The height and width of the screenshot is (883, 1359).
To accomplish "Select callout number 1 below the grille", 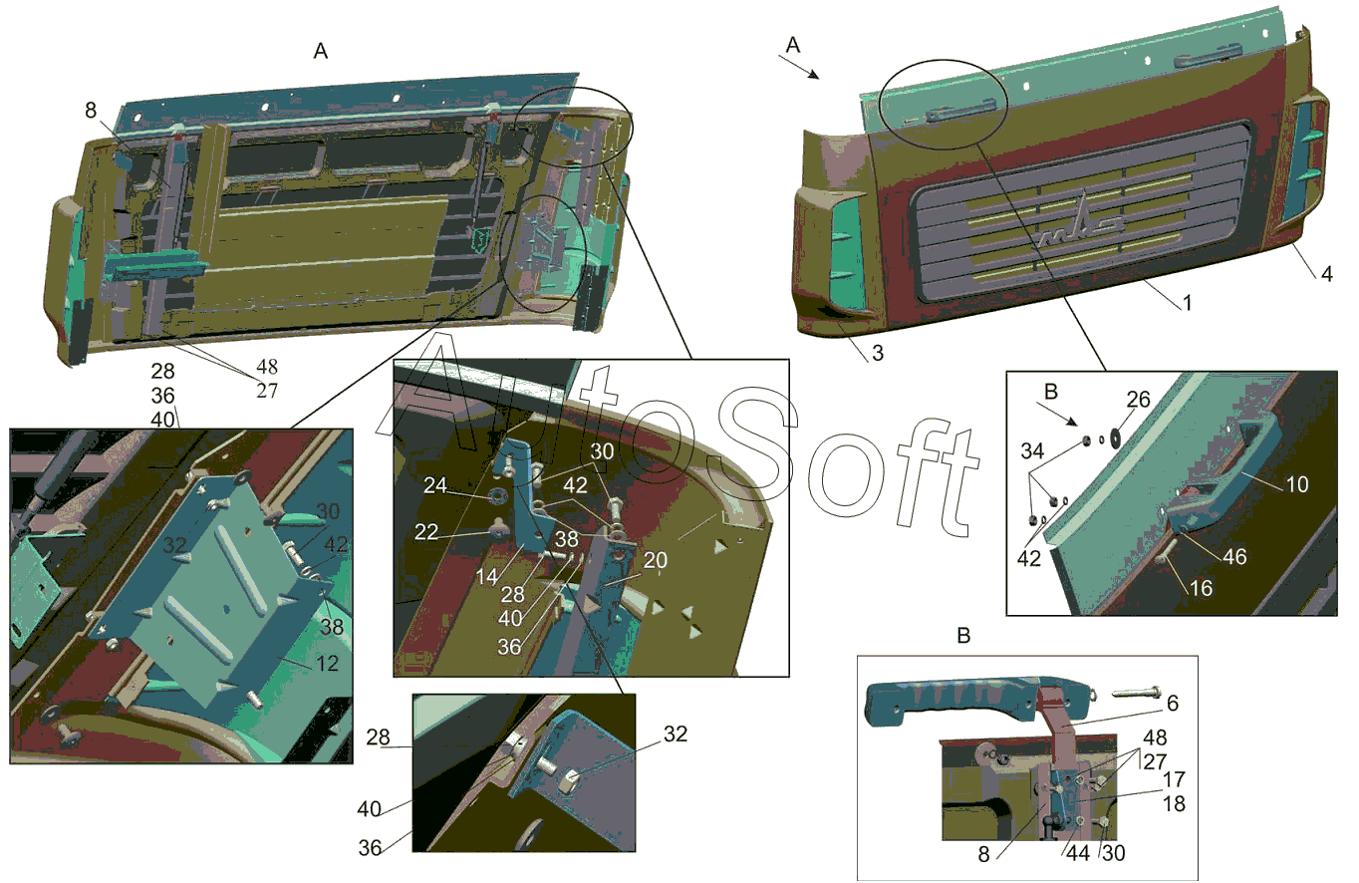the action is (x=1187, y=302).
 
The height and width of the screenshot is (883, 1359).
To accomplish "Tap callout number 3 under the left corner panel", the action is (x=878, y=353).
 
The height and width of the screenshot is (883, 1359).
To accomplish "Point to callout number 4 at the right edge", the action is (x=1327, y=274).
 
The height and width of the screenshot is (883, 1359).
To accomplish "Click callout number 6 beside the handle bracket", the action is (x=1173, y=703).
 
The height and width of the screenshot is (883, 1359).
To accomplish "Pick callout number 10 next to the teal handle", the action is (x=1296, y=484).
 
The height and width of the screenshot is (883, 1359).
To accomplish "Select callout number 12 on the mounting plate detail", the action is (x=327, y=664).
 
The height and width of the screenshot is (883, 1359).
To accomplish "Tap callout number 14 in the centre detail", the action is (x=486, y=576).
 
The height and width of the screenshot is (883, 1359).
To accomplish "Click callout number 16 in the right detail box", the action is (x=1201, y=587).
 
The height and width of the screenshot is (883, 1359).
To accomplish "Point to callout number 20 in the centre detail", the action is (x=656, y=559).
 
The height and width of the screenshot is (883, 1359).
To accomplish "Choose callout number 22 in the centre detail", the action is (x=425, y=531).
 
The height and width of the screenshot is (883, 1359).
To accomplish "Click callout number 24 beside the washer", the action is (x=435, y=485).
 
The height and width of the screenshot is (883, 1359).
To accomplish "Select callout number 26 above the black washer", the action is (x=1138, y=400).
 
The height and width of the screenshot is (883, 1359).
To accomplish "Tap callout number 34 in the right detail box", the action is (x=1032, y=450).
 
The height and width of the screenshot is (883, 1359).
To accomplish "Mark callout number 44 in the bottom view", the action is (x=1078, y=853).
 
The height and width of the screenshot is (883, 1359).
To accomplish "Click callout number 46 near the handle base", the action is (x=1234, y=556).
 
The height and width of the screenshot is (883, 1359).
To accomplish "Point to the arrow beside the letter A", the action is (x=799, y=68).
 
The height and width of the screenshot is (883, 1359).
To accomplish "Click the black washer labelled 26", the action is (x=1115, y=437).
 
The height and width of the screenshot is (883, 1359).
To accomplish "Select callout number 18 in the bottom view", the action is (x=1174, y=803).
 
